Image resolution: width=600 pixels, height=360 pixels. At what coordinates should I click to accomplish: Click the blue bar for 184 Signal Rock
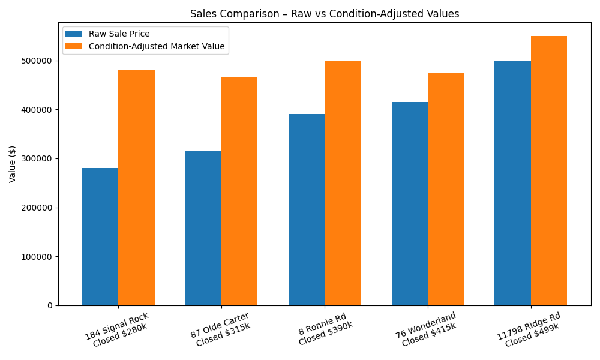coord(100,236)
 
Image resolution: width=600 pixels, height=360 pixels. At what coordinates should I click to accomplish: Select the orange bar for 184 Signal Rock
coord(136,188)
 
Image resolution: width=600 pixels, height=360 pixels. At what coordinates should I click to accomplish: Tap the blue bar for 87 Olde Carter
coord(203,228)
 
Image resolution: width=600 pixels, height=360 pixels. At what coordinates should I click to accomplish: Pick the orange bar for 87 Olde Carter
coord(239,191)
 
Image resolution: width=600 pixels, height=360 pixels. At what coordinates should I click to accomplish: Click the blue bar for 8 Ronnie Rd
coord(307,209)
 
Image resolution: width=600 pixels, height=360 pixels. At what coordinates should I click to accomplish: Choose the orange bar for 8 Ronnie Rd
coord(343,183)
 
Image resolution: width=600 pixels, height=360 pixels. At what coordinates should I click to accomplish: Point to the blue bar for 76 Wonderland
coord(410,203)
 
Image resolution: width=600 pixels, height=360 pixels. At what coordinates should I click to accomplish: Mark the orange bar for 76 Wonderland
coord(446,189)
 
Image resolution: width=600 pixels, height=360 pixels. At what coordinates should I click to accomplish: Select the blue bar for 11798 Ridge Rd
coord(512,183)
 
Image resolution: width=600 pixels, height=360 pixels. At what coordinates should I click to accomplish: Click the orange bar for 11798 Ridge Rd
coord(549,170)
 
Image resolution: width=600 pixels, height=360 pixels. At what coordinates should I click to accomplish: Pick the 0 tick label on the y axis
coord(49,305)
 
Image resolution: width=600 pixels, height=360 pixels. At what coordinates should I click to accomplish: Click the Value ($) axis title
coord(13,163)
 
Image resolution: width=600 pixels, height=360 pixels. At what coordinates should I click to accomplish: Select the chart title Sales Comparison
coord(325,14)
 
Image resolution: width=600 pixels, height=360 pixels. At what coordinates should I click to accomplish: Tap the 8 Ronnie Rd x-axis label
coord(324,328)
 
